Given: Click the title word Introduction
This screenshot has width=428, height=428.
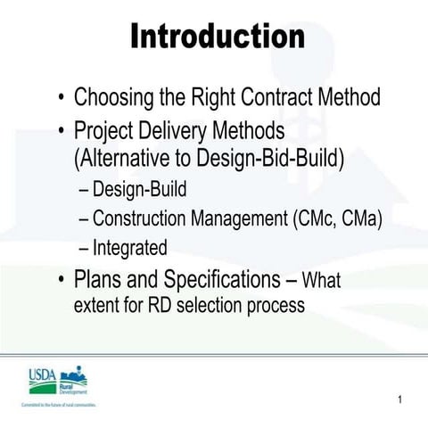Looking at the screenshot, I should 218,37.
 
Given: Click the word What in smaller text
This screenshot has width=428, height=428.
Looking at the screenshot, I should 322,280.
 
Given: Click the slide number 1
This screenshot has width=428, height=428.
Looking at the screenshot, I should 401,399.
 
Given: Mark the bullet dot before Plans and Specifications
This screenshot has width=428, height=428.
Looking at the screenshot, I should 60,278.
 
